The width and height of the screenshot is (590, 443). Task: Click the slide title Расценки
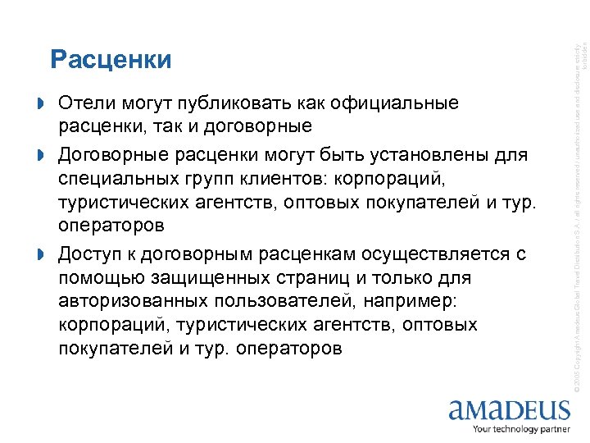click(111, 60)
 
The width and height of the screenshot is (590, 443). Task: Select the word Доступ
click(89, 254)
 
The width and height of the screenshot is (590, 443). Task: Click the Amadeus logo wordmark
click(508, 409)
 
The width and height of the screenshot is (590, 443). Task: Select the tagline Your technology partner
click(521, 429)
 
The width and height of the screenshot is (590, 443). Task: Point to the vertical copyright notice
click(577, 205)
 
